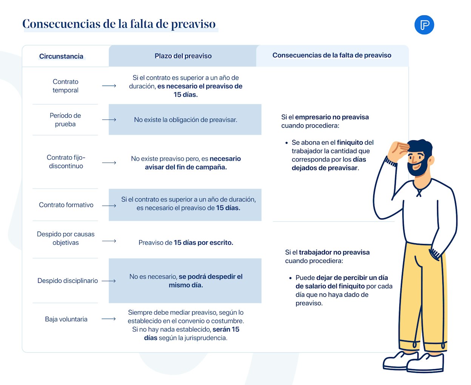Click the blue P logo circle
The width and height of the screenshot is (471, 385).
point(424,25)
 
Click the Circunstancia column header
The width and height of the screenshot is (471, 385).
point(61,56)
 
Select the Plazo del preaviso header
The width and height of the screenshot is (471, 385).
point(183,56)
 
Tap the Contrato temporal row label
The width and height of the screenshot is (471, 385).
point(66,86)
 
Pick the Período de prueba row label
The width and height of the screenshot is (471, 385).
point(65,120)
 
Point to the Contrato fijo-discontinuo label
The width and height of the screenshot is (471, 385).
point(66,161)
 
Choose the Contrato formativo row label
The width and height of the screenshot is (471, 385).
point(66,205)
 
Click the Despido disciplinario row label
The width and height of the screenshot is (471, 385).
point(68,281)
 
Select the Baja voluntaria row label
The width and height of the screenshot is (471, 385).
point(66,319)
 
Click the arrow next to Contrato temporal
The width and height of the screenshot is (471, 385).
point(109,86)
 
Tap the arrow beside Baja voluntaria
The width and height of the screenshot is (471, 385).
point(109,319)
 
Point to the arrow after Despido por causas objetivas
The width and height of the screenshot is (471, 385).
point(109,241)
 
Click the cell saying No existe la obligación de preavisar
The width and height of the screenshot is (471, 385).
point(185,120)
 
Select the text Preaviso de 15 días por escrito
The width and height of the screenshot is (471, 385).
point(186,242)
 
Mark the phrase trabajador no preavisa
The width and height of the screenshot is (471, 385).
point(334,252)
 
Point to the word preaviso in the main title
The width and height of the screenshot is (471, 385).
point(193,24)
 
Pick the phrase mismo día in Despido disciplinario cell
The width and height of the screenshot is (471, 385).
point(186,285)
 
